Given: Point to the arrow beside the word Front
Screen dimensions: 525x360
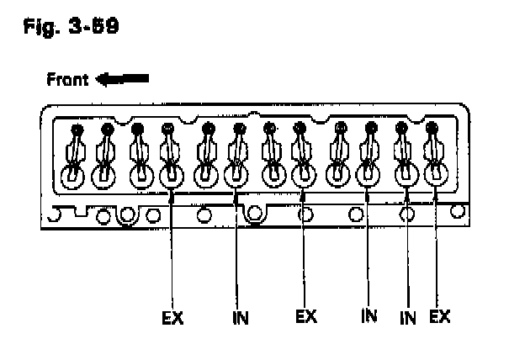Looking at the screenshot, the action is tap(122, 80).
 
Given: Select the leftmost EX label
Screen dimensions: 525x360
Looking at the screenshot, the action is tap(172, 318).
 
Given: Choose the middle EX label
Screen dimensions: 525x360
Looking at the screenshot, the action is tap(306, 317).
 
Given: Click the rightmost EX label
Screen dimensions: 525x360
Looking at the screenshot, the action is tap(439, 317).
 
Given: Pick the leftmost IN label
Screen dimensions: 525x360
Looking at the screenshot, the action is tap(239, 318).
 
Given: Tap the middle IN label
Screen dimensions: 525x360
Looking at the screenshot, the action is tap(369, 317).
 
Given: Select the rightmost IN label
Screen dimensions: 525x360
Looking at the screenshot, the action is tap(407, 317).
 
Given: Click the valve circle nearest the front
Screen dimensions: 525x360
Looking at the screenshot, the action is tap(74, 177).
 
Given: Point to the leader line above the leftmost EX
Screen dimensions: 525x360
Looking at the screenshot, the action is tap(172, 252).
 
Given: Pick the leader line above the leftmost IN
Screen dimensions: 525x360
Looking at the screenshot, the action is tap(236, 252).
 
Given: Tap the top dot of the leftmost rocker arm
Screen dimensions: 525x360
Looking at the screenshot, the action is tap(77, 130).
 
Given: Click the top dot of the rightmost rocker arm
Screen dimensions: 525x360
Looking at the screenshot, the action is tap(432, 129).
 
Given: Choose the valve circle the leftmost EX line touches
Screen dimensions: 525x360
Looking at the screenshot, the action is tap(171, 177).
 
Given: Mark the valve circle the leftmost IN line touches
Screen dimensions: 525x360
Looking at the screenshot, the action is tap(236, 177).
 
